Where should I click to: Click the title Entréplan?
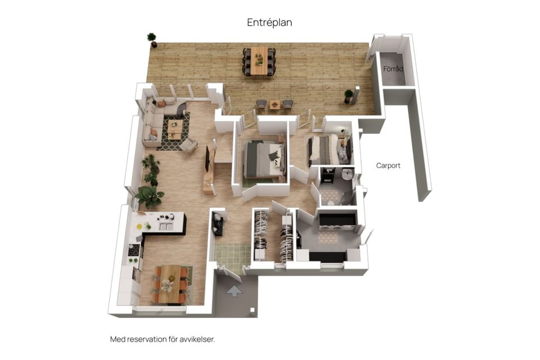[269, 22]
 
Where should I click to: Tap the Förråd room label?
[393, 69]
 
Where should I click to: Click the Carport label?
[388, 166]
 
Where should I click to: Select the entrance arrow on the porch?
[235, 291]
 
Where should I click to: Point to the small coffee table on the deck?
[274, 104]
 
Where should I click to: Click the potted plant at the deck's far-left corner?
[152, 39]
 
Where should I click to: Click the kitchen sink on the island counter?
[165, 226]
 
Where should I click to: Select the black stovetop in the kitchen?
[134, 250]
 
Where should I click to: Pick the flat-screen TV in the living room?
[208, 159]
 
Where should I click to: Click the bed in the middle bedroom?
[264, 159]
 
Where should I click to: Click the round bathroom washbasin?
[348, 174]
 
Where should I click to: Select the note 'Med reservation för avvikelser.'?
[163, 339]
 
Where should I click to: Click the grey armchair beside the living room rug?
[188, 145]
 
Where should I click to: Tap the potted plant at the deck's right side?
[349, 96]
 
